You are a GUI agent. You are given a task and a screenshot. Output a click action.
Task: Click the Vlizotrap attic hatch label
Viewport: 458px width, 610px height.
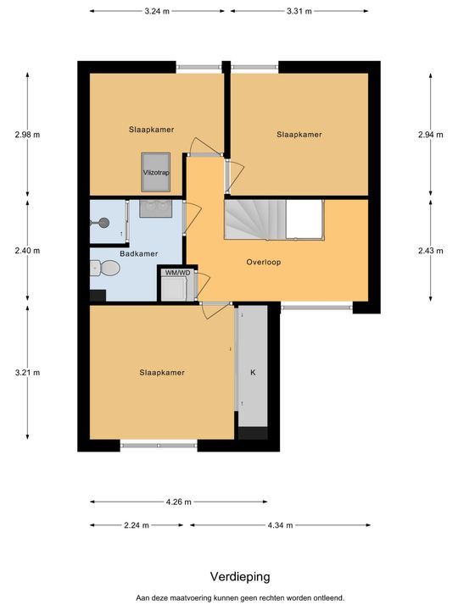156,173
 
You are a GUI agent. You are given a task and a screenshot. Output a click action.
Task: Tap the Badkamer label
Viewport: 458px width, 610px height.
138,254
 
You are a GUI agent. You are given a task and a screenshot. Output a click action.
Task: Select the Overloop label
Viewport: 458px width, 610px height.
263,262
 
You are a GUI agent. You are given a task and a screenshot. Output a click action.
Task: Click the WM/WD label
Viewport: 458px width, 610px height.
177,273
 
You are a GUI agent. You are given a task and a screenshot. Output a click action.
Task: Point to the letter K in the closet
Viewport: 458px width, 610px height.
253,373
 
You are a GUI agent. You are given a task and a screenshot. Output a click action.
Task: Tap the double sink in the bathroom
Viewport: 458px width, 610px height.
156,208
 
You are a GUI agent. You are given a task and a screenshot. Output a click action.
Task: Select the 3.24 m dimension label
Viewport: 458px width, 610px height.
157,11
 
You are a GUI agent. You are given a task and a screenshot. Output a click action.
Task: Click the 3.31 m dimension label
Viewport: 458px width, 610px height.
299,11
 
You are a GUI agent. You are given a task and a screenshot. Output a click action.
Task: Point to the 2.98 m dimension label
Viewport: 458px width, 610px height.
27,135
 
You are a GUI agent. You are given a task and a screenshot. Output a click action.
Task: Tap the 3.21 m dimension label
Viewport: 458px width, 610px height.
27,373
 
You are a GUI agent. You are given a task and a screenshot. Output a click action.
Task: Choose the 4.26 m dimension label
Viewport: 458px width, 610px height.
179,502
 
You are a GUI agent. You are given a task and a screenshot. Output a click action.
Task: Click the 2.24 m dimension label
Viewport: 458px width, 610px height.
137,525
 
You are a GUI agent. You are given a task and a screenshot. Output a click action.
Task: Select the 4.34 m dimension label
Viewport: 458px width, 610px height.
280,525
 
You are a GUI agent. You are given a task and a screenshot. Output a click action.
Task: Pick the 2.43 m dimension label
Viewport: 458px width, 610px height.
430,251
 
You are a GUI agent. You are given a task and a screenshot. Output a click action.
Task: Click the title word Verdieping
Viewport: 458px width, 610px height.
240,577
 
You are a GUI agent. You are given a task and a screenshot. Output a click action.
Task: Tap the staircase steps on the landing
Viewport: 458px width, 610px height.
255,219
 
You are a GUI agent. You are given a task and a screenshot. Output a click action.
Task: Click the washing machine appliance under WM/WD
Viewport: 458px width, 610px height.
174,288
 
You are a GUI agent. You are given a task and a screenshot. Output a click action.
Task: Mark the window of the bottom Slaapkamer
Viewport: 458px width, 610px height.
159,446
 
